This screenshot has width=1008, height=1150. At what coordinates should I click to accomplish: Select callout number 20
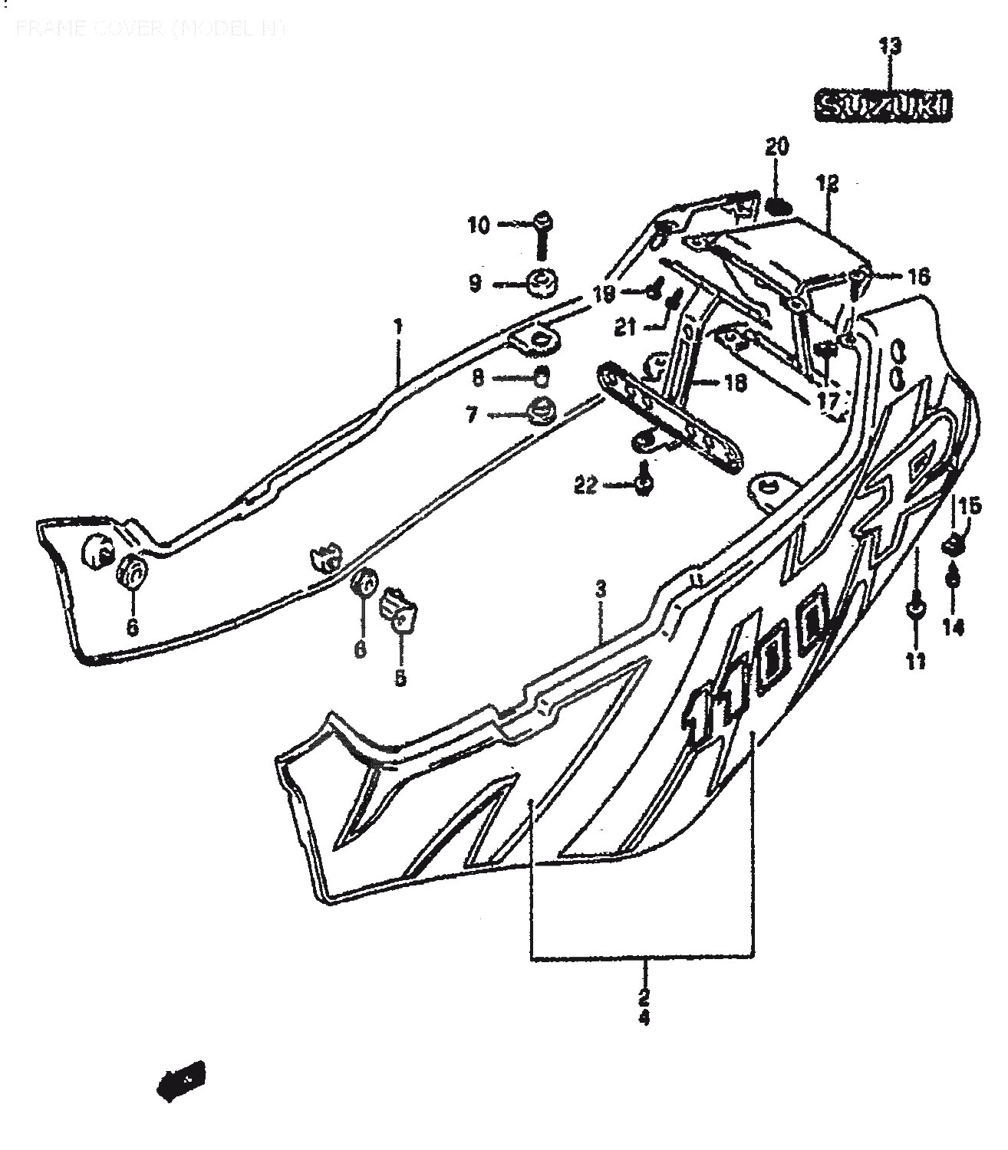pos(776,146)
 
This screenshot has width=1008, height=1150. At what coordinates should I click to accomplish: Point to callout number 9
pos(475,284)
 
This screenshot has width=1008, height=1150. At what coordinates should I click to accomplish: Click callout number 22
pos(585,486)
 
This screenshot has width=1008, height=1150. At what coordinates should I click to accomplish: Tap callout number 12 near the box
pos(827,184)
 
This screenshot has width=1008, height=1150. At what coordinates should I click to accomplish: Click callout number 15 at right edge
pos(970,506)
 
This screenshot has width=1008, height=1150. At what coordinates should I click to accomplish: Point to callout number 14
pos(953,627)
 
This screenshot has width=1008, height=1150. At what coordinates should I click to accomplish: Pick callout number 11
pos(915,661)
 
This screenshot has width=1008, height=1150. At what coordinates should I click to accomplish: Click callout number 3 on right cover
pos(601,590)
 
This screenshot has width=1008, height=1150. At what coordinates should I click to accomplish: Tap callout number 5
pos(400,678)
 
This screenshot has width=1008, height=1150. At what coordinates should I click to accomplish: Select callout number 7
pos(471,416)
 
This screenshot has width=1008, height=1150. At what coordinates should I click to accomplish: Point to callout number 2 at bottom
pos(643,997)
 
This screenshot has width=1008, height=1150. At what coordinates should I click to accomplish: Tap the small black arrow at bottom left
pos(181,1082)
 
